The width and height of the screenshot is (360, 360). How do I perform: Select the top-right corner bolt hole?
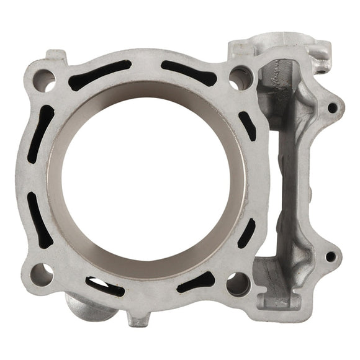[x=239, y=77]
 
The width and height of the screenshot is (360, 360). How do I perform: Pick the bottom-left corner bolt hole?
[x=42, y=273]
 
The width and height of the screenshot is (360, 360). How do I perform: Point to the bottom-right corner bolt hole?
[x=238, y=282]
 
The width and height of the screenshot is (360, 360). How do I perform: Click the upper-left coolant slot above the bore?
[x=99, y=74]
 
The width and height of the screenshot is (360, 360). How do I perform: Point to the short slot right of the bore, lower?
[x=246, y=233]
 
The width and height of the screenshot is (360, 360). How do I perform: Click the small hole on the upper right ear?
[x=332, y=107]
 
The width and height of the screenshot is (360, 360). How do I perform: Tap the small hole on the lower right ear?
[x=330, y=256]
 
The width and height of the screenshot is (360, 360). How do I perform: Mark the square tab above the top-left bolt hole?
[x=55, y=57]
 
